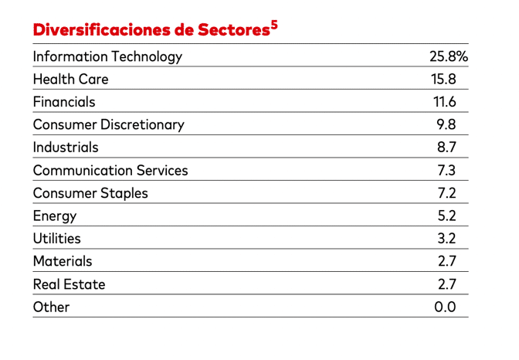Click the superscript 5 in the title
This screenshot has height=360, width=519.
point(273,25)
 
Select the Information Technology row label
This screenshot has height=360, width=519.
point(107,56)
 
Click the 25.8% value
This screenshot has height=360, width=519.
point(449,56)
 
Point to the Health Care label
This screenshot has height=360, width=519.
point(70,79)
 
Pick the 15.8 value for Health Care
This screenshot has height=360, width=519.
point(444,79)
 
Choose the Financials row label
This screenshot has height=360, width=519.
point(64,102)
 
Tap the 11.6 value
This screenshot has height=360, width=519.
point(445,102)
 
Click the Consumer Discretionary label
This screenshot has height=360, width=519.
point(108,124)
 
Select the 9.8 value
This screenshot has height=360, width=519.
point(447,124)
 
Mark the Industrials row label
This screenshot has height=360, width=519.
point(66,148)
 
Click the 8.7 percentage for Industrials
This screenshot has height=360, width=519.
point(447,148)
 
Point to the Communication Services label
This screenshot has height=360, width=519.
point(110,171)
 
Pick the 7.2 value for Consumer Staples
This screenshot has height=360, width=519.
point(447,193)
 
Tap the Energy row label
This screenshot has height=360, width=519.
point(55,216)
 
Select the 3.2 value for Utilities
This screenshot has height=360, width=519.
point(447,239)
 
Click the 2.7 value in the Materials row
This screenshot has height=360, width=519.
point(447,262)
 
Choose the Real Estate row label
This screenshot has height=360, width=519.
point(69,284)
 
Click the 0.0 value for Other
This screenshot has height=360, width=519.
point(446,307)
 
